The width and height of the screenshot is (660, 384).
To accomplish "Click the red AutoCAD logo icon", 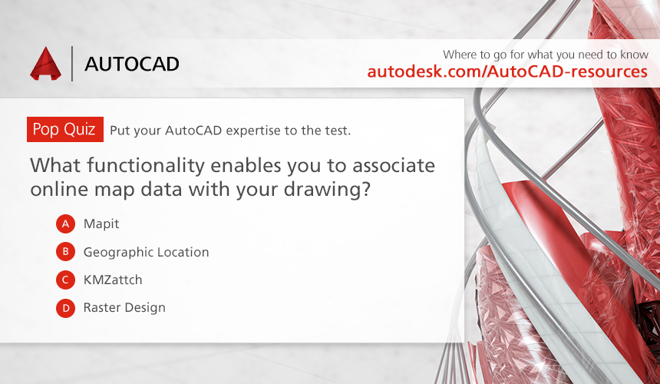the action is coord(45,64).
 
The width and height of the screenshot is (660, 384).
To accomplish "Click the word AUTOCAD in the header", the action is coord(132,64).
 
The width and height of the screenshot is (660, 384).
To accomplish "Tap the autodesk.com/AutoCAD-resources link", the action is coord(507,71).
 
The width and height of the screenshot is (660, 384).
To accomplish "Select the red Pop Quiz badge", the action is coord(65,129).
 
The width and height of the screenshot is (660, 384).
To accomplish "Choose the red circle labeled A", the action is coord(66,223).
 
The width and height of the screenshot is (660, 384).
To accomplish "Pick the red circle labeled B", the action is coord(66,252).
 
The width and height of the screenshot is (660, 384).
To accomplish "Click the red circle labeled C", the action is coord(66,280).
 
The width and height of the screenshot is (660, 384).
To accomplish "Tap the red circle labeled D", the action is coord(66,308).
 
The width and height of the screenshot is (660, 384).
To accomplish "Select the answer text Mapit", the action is coord(101,224).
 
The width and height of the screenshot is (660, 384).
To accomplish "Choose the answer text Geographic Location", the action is coord(146,252).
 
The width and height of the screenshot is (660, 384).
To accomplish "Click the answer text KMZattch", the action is coord(113,280).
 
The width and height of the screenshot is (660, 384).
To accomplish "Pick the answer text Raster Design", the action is coord(124,308).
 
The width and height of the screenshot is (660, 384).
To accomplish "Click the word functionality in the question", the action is coord(146,166).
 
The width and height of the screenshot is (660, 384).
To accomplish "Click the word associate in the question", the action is coord(393,165).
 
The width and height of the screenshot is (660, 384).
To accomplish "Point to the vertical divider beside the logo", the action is coord(72,64).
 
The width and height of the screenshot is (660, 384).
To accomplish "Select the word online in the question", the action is coord(59,189).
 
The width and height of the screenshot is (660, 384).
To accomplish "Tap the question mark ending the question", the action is coord(366,188).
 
